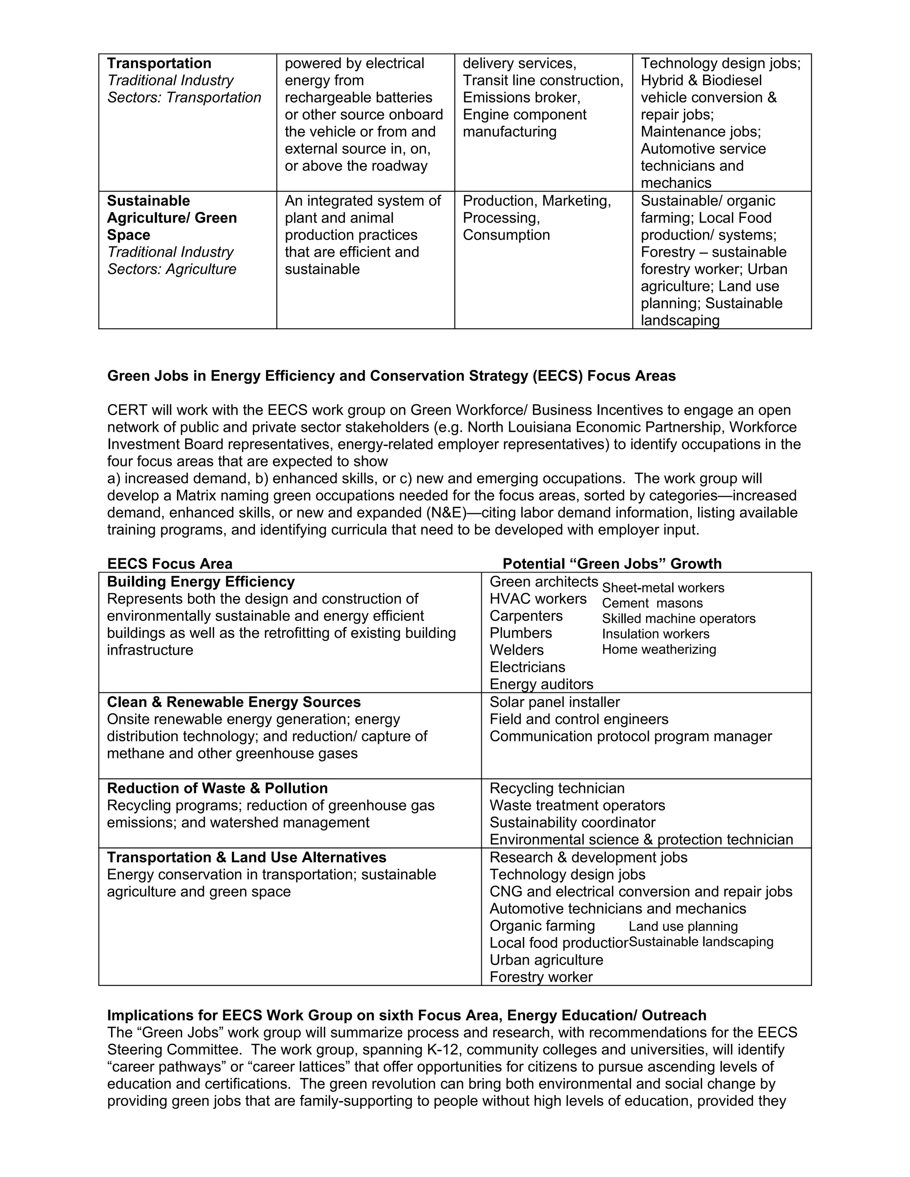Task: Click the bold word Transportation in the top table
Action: [159, 64]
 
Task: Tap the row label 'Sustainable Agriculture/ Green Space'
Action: [172, 218]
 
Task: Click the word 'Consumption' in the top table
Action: [506, 235]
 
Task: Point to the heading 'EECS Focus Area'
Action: [170, 564]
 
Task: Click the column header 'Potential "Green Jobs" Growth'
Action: [612, 564]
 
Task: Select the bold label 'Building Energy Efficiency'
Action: [200, 581]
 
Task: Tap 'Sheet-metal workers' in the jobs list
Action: [663, 588]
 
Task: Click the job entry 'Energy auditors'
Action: [541, 684]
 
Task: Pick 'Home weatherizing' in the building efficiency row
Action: [659, 649]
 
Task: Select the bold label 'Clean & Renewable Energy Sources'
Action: [233, 702]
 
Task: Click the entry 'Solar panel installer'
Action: [555, 702]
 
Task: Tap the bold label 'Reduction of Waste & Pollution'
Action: [217, 788]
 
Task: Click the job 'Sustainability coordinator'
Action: [572, 823]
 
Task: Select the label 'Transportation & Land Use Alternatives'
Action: [246, 857]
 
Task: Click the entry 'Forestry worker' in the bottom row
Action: [541, 977]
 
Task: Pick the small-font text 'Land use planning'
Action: [683, 926]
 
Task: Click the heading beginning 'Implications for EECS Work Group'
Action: [407, 1015]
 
